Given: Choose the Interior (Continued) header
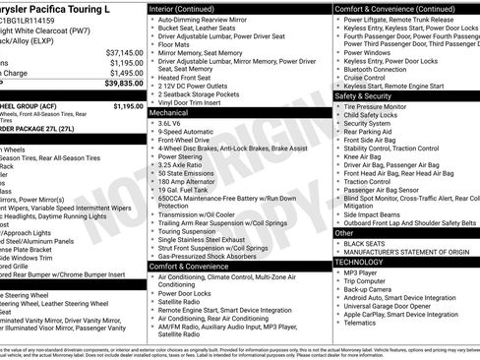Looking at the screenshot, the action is point(189,8).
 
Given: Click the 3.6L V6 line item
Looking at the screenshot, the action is point(171,124).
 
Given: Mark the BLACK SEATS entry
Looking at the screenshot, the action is point(365,243).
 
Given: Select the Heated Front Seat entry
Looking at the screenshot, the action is point(191,77).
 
